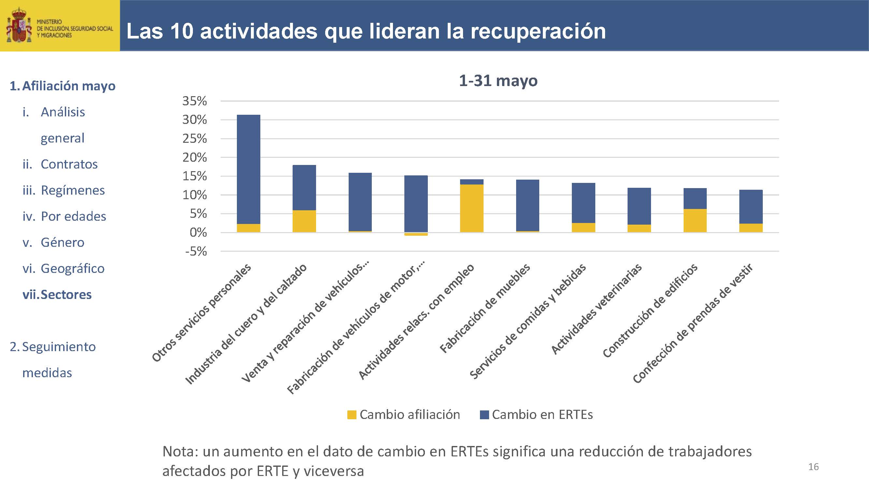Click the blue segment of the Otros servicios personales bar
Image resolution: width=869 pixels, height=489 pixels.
249,169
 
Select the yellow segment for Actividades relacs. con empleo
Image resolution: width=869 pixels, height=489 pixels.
471,208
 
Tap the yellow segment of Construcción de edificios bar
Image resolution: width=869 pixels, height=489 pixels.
695,220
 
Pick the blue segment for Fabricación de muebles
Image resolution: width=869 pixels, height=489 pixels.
528,205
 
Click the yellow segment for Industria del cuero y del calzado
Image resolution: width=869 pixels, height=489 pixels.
304,221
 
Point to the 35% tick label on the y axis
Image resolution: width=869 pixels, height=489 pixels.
195,101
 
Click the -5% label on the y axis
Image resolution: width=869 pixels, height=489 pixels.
196,251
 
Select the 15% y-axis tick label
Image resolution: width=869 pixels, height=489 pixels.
195,176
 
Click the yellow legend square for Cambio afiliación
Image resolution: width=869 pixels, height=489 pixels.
352,415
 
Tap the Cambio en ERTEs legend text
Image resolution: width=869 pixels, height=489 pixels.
542,414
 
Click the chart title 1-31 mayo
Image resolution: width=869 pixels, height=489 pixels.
498,81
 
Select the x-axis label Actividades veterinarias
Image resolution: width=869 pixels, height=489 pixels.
596,309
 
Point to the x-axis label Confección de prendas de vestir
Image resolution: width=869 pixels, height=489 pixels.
693,323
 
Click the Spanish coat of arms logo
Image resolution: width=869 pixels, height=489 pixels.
19,26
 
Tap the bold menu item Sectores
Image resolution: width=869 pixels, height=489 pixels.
66,295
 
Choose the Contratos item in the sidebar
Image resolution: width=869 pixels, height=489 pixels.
69,164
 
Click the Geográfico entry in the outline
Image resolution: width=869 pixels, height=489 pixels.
73,269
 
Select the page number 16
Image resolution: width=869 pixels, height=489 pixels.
813,467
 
